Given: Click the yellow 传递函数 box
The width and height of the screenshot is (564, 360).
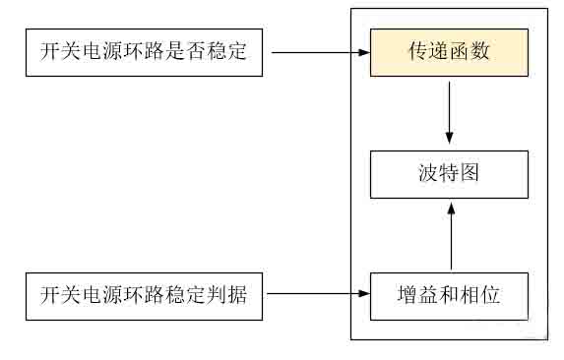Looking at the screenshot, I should (449, 52).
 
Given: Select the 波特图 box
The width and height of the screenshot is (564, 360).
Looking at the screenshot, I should (449, 174).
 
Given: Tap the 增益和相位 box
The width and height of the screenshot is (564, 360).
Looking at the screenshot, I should (449, 294).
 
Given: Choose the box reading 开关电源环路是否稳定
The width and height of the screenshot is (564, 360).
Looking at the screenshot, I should (144, 52).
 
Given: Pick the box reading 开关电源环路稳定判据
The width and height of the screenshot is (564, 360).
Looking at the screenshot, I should (144, 294).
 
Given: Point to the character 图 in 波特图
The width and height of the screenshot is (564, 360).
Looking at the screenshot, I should (470, 174).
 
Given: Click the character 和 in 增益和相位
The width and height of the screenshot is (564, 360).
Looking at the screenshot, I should (449, 294).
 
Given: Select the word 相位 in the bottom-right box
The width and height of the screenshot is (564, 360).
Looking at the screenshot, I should (480, 294).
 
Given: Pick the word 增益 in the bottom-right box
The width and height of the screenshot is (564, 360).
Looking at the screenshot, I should (417, 294).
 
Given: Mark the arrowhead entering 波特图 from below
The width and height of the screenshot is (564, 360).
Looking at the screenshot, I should (450, 206).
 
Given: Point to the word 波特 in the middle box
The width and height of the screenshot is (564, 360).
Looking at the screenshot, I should (438, 174).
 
